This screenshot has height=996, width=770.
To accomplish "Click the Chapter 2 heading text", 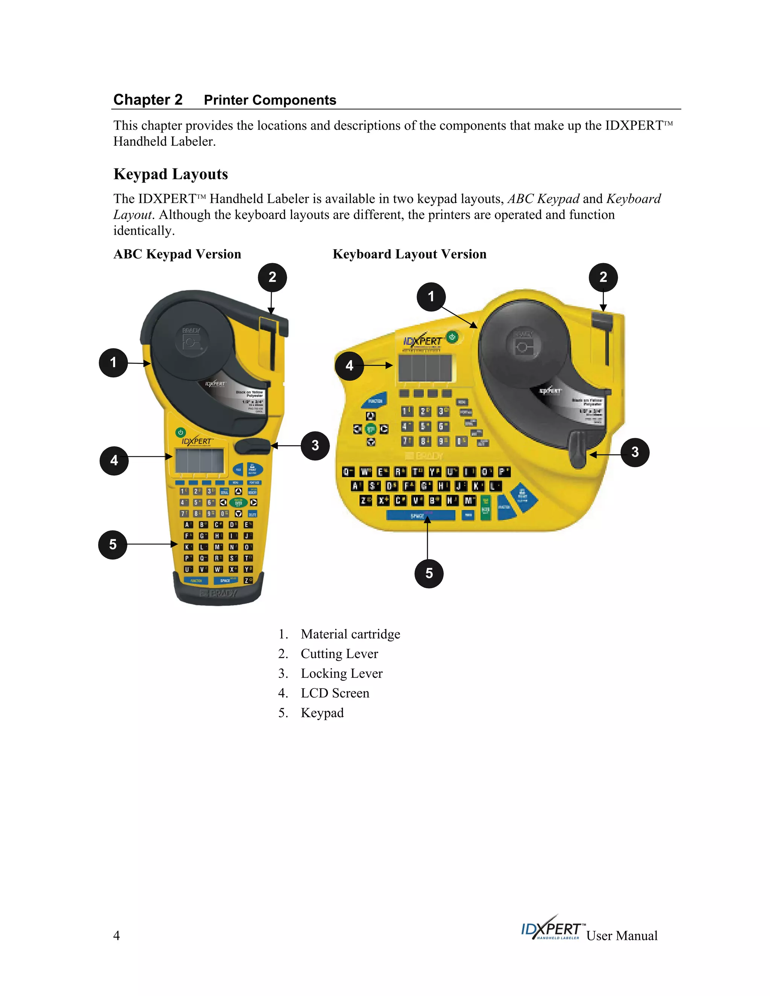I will (x=148, y=100).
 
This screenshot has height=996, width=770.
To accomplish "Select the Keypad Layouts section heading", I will (x=171, y=174).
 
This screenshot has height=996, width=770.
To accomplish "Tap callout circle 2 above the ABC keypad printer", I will (x=272, y=277).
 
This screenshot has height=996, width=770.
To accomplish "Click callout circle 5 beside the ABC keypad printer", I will (x=113, y=545).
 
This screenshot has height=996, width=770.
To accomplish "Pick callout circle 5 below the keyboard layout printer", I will (x=429, y=573).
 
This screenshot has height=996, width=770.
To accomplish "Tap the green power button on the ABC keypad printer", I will (x=180, y=432).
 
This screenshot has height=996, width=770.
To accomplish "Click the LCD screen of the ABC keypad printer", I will (x=199, y=461).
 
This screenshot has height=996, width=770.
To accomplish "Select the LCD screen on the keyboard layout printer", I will (x=425, y=368).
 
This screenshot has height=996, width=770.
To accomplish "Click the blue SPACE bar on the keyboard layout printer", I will (x=420, y=516).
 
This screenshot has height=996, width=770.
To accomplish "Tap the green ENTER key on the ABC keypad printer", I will (x=238, y=503).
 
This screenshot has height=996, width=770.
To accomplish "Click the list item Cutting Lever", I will (x=339, y=654).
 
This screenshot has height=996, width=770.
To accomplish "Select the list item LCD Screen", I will (x=335, y=693).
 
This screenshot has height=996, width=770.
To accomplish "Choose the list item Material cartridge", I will (x=350, y=634).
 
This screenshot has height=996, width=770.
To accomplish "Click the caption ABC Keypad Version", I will (x=177, y=254).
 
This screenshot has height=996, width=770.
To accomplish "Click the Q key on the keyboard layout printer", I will (x=348, y=472).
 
